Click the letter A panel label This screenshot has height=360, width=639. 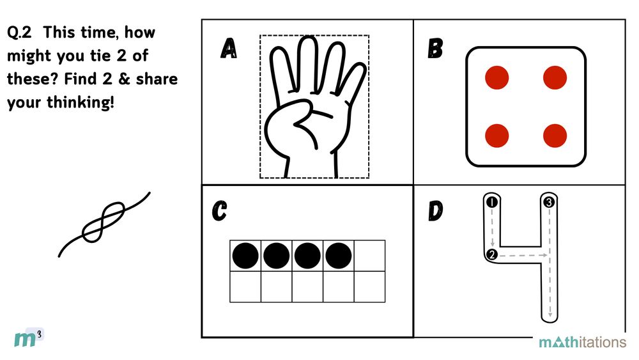click(x=229, y=49)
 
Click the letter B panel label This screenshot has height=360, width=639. click(x=435, y=49)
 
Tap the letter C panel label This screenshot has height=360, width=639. click(x=220, y=211)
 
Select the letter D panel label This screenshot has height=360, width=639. click(x=436, y=211)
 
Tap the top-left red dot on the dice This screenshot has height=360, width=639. click(x=497, y=77)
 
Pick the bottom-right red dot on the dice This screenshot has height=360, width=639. click(x=555, y=136)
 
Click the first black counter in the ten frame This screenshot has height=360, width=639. click(x=245, y=256)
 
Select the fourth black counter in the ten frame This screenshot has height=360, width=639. click(x=339, y=256)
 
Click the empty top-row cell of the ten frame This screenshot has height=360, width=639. click(x=369, y=256)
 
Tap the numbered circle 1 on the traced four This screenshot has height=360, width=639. click(x=492, y=202)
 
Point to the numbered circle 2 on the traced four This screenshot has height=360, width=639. click(x=492, y=254)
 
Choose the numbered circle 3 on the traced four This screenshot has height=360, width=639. click(x=549, y=202)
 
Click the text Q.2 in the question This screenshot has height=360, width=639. click(x=19, y=32)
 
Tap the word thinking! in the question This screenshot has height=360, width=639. click(x=81, y=102)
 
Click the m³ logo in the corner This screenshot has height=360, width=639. click(x=29, y=338)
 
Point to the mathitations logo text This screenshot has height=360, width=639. click(x=582, y=341)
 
